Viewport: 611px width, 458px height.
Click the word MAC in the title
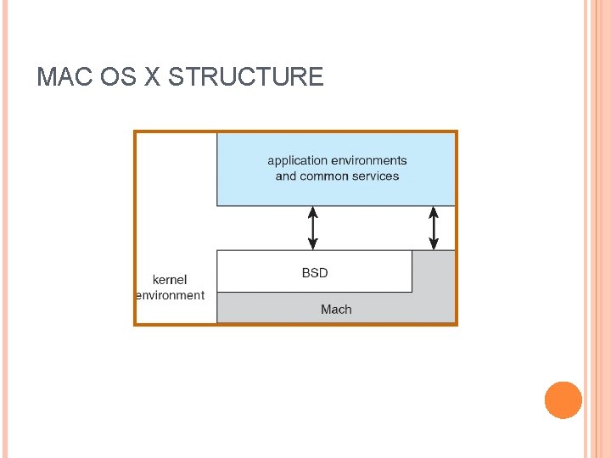coord(65,77)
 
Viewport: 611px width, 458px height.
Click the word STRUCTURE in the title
coord(246,77)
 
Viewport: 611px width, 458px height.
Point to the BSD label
coord(315,273)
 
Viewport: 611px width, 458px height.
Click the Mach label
coord(336,310)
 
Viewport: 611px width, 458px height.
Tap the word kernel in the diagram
coord(170,280)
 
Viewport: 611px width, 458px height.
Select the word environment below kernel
coord(171,295)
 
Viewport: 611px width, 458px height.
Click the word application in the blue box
coord(298,160)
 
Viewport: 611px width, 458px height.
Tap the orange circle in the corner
coord(563,400)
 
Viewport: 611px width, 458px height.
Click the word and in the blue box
coord(286,176)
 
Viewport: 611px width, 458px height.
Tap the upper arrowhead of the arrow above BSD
coord(313,211)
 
